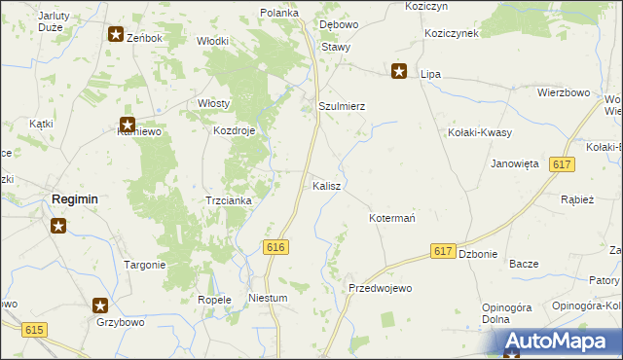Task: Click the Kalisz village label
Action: (x=325, y=185)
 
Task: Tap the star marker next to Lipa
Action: (x=399, y=71)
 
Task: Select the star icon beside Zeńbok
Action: (x=116, y=36)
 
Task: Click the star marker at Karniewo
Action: (x=127, y=125)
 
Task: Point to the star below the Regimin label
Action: (x=58, y=227)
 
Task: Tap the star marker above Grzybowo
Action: (x=100, y=305)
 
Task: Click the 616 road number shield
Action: (x=275, y=248)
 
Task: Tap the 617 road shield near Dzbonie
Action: (x=443, y=251)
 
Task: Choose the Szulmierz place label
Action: (x=342, y=106)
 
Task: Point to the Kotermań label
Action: (x=392, y=218)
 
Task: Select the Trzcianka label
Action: (x=229, y=200)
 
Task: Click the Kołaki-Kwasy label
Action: (x=480, y=131)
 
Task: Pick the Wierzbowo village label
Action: (x=564, y=92)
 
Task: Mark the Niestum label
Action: (x=269, y=299)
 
